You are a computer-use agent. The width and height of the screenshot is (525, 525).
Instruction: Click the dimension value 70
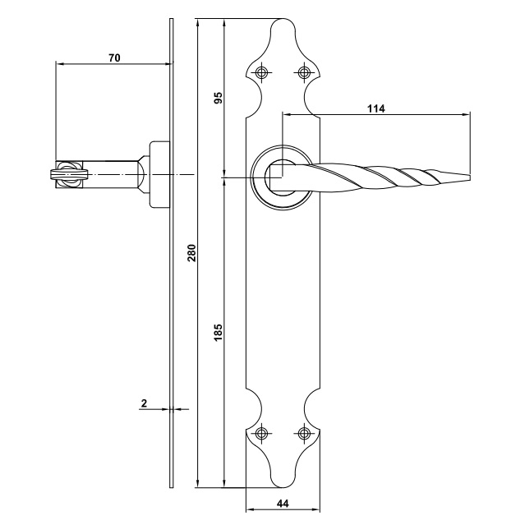[x=114, y=58]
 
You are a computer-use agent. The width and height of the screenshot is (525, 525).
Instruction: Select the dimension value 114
[x=376, y=108]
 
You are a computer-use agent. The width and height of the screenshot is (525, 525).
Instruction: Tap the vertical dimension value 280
[x=191, y=253]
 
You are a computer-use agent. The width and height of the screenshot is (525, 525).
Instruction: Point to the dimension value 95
[x=218, y=98]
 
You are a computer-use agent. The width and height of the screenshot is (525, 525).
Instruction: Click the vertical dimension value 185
[x=218, y=332]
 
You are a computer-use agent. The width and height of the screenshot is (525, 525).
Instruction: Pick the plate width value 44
[x=283, y=504]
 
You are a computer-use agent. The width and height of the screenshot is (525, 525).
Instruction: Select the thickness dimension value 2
[x=144, y=403]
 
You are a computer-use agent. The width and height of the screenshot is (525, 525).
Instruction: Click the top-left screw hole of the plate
[x=261, y=72]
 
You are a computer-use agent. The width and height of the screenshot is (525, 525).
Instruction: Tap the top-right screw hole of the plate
[x=304, y=72]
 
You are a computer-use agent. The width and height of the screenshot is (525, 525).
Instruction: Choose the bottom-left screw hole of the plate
[x=261, y=434]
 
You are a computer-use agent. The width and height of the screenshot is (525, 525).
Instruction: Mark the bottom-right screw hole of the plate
[x=304, y=434]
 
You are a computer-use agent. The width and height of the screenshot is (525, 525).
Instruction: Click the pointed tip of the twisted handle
[x=469, y=177]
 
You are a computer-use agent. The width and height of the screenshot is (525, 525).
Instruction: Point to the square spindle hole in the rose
[x=276, y=177]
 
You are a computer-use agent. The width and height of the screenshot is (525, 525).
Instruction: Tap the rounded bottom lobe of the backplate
[x=283, y=480]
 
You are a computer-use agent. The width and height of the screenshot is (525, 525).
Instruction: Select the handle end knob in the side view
[x=69, y=174]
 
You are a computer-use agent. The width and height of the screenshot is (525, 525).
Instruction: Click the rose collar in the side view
[x=159, y=174]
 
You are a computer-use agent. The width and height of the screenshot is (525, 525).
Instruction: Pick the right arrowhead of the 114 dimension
[x=466, y=114]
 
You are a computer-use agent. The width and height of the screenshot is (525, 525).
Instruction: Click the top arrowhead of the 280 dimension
[x=198, y=23]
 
